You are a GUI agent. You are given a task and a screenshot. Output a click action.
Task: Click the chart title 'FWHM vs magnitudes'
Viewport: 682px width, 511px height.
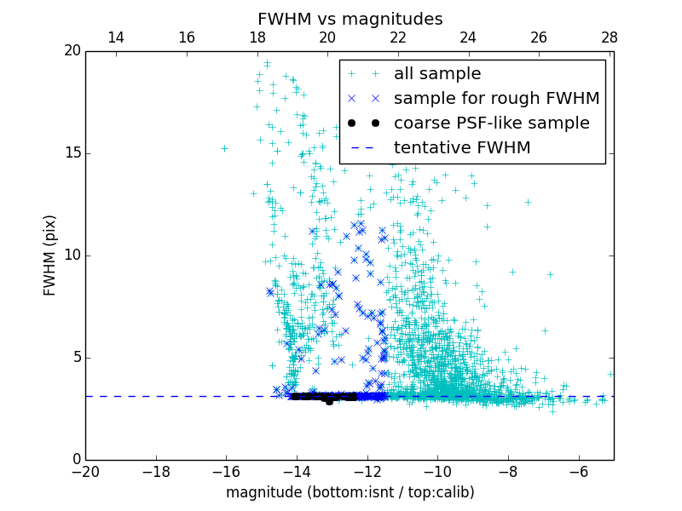click(x=350, y=19)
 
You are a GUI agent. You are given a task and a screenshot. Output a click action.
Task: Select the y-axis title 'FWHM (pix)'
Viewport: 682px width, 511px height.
click(x=50, y=255)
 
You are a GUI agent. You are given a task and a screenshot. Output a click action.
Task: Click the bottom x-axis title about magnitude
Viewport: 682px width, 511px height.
click(x=350, y=492)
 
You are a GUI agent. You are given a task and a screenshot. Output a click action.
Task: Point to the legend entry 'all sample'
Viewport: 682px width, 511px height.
click(x=437, y=74)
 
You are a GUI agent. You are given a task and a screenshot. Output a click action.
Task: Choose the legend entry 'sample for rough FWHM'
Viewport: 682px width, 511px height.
click(x=496, y=99)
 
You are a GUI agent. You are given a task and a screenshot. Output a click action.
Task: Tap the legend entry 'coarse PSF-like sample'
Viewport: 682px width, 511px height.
click(x=491, y=123)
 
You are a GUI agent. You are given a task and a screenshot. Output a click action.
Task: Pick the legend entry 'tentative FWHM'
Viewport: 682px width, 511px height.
click(x=462, y=148)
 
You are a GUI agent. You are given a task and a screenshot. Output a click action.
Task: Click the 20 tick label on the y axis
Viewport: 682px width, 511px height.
click(x=72, y=51)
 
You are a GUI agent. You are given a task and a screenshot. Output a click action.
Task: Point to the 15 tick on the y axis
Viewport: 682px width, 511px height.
click(x=72, y=153)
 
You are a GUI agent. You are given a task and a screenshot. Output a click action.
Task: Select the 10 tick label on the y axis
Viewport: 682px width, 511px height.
click(x=72, y=255)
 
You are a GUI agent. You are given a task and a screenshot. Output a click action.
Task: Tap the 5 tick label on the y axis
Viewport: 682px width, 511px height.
click(x=75, y=358)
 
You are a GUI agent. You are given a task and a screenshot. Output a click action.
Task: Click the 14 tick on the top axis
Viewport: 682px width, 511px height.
click(x=116, y=37)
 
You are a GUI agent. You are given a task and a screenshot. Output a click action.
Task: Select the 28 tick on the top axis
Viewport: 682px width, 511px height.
click(x=609, y=37)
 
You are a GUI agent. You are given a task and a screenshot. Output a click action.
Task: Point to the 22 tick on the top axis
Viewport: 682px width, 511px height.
click(x=397, y=37)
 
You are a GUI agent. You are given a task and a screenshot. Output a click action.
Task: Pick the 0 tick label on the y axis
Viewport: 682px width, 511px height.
click(x=75, y=460)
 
